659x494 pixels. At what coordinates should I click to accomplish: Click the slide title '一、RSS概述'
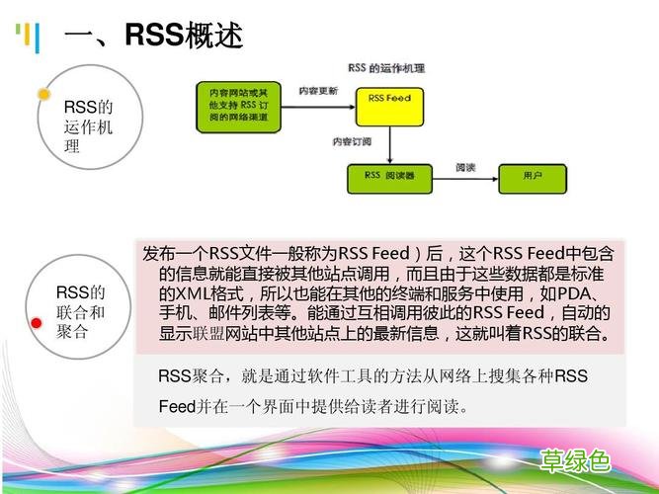pyautogui.click(x=153, y=37)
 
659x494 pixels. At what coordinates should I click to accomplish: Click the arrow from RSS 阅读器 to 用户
pyautogui.click(x=463, y=179)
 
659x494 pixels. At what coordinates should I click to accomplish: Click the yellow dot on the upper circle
pyautogui.click(x=43, y=95)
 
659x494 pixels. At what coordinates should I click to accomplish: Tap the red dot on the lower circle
pyautogui.click(x=37, y=323)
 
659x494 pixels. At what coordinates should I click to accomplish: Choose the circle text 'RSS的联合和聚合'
pyautogui.click(x=80, y=312)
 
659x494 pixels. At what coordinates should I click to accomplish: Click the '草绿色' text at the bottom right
pyautogui.click(x=575, y=460)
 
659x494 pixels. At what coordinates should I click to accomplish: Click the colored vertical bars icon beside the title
pyautogui.click(x=27, y=39)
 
